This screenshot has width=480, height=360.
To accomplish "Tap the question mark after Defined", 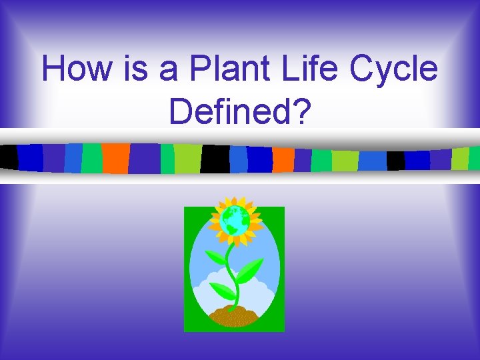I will click(x=301, y=111).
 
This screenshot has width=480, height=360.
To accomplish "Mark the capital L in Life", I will click(x=289, y=69).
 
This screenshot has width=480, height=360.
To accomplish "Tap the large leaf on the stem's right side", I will click(x=251, y=269).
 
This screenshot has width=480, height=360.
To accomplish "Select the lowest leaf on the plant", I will click(x=223, y=291).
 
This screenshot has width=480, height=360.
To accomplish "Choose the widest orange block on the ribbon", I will click(x=115, y=157).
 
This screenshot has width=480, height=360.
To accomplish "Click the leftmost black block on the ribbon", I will click(x=9, y=157).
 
